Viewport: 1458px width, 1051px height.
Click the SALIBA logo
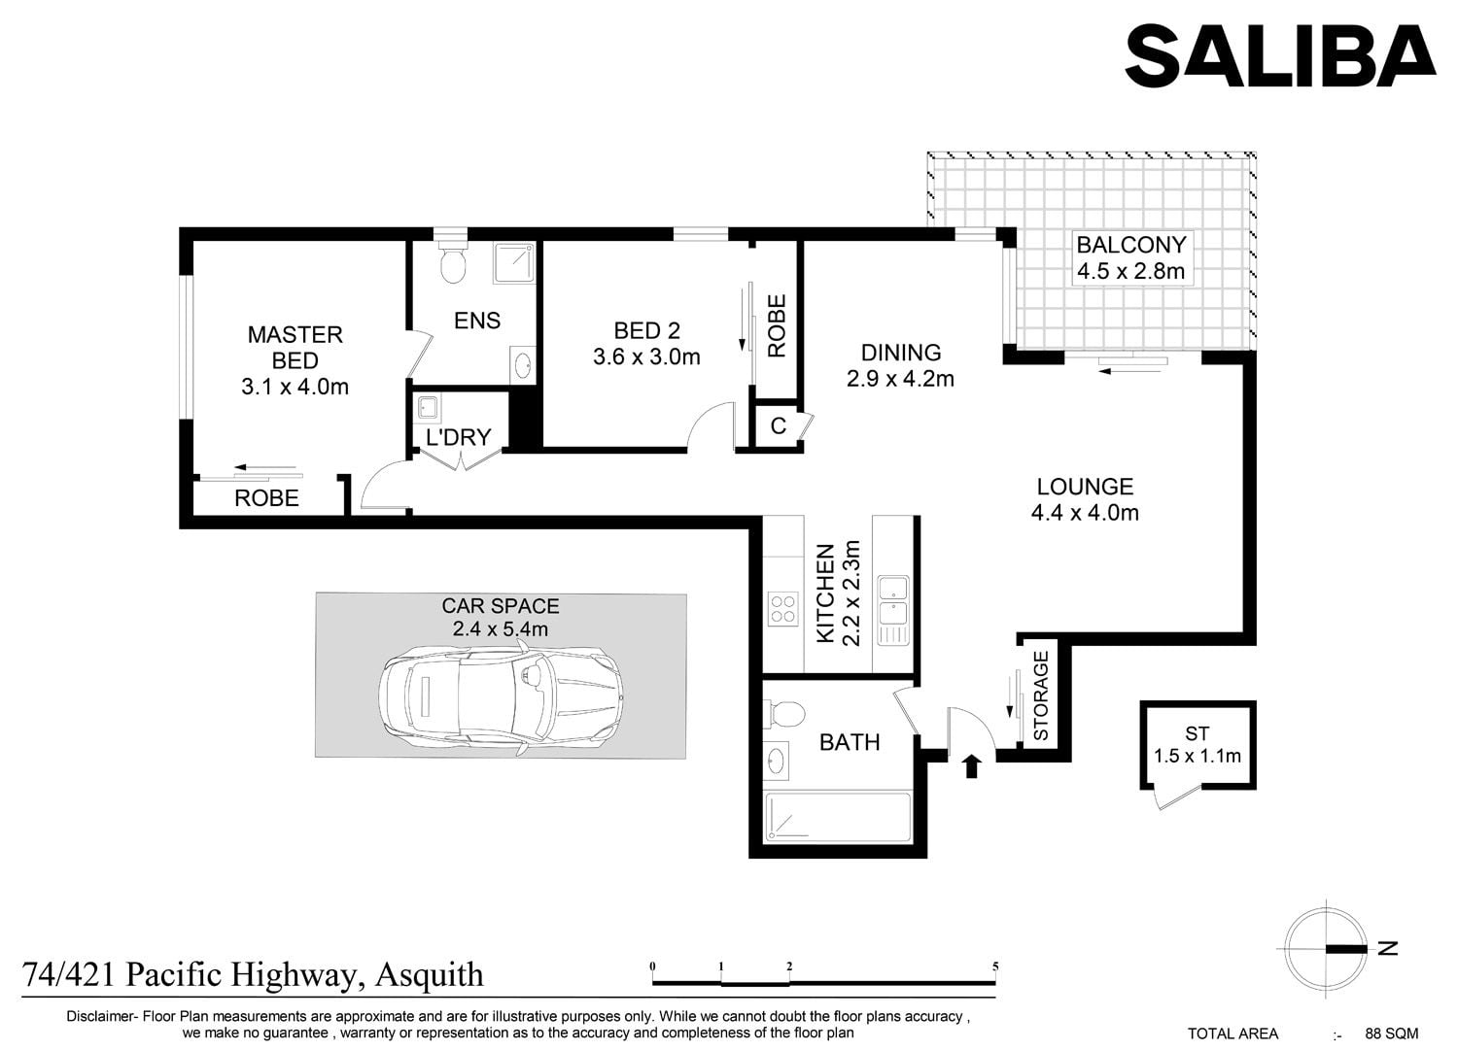(1280, 56)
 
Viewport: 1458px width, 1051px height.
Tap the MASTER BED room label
(295, 348)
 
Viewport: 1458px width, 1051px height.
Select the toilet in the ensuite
(452, 261)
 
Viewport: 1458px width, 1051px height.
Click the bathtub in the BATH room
(837, 816)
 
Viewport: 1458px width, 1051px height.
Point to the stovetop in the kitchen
(783, 609)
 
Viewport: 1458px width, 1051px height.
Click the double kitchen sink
(893, 610)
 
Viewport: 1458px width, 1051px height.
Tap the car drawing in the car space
(500, 696)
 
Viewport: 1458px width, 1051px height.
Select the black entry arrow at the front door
(971, 765)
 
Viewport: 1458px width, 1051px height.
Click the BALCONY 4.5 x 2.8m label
(1131, 257)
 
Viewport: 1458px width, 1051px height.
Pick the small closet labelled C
(778, 425)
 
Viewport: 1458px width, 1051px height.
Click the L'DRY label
(458, 437)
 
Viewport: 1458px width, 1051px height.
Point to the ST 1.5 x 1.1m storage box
(1198, 745)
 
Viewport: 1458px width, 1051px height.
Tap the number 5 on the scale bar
(995, 966)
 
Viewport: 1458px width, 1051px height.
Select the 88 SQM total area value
(1392, 1033)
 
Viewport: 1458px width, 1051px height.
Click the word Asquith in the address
(429, 975)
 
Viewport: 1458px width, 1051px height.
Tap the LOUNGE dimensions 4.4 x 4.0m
(1085, 513)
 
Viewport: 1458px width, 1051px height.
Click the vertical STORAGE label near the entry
(1041, 695)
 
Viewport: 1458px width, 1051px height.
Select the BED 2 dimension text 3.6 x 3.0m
(646, 356)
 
